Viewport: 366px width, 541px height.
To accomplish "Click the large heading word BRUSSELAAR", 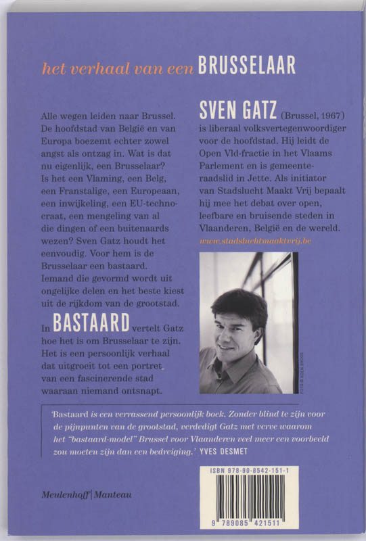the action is (247, 65).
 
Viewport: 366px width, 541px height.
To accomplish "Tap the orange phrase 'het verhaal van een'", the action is (118, 67).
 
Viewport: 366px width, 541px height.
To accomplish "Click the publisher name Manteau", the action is (112, 494).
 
